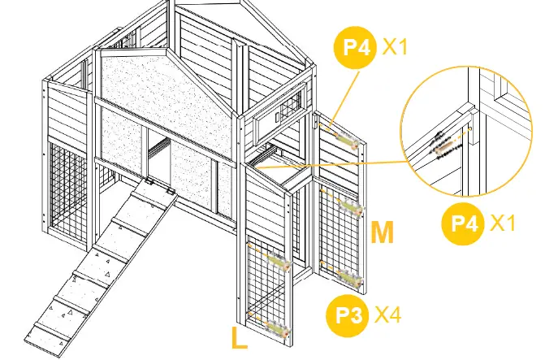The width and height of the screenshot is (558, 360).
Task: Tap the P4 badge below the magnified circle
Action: click(x=464, y=222)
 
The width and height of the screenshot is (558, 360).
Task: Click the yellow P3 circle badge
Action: click(x=347, y=315)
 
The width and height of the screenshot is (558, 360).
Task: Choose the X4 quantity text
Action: click(x=388, y=315)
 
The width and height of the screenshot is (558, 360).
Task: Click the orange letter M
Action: click(x=383, y=233)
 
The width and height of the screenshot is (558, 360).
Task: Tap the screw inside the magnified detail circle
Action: click(x=443, y=146)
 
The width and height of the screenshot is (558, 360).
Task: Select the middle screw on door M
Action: click(x=350, y=208)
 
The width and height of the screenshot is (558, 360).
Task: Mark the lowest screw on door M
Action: click(x=348, y=279)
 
